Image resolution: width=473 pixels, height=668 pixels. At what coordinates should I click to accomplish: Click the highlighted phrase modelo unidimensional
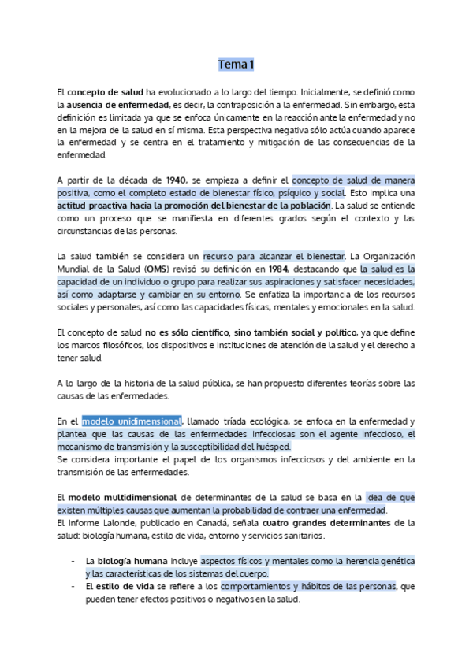(132, 421)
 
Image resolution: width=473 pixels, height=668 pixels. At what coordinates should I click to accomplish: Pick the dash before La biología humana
(73, 561)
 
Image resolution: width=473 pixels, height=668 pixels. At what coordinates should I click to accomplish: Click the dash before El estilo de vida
(73, 586)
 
